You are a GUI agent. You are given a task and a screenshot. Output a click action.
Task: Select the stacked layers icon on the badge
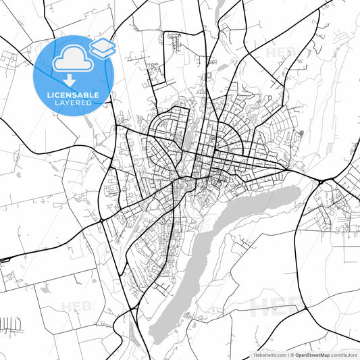103,47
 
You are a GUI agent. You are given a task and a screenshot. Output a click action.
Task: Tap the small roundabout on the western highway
101,220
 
